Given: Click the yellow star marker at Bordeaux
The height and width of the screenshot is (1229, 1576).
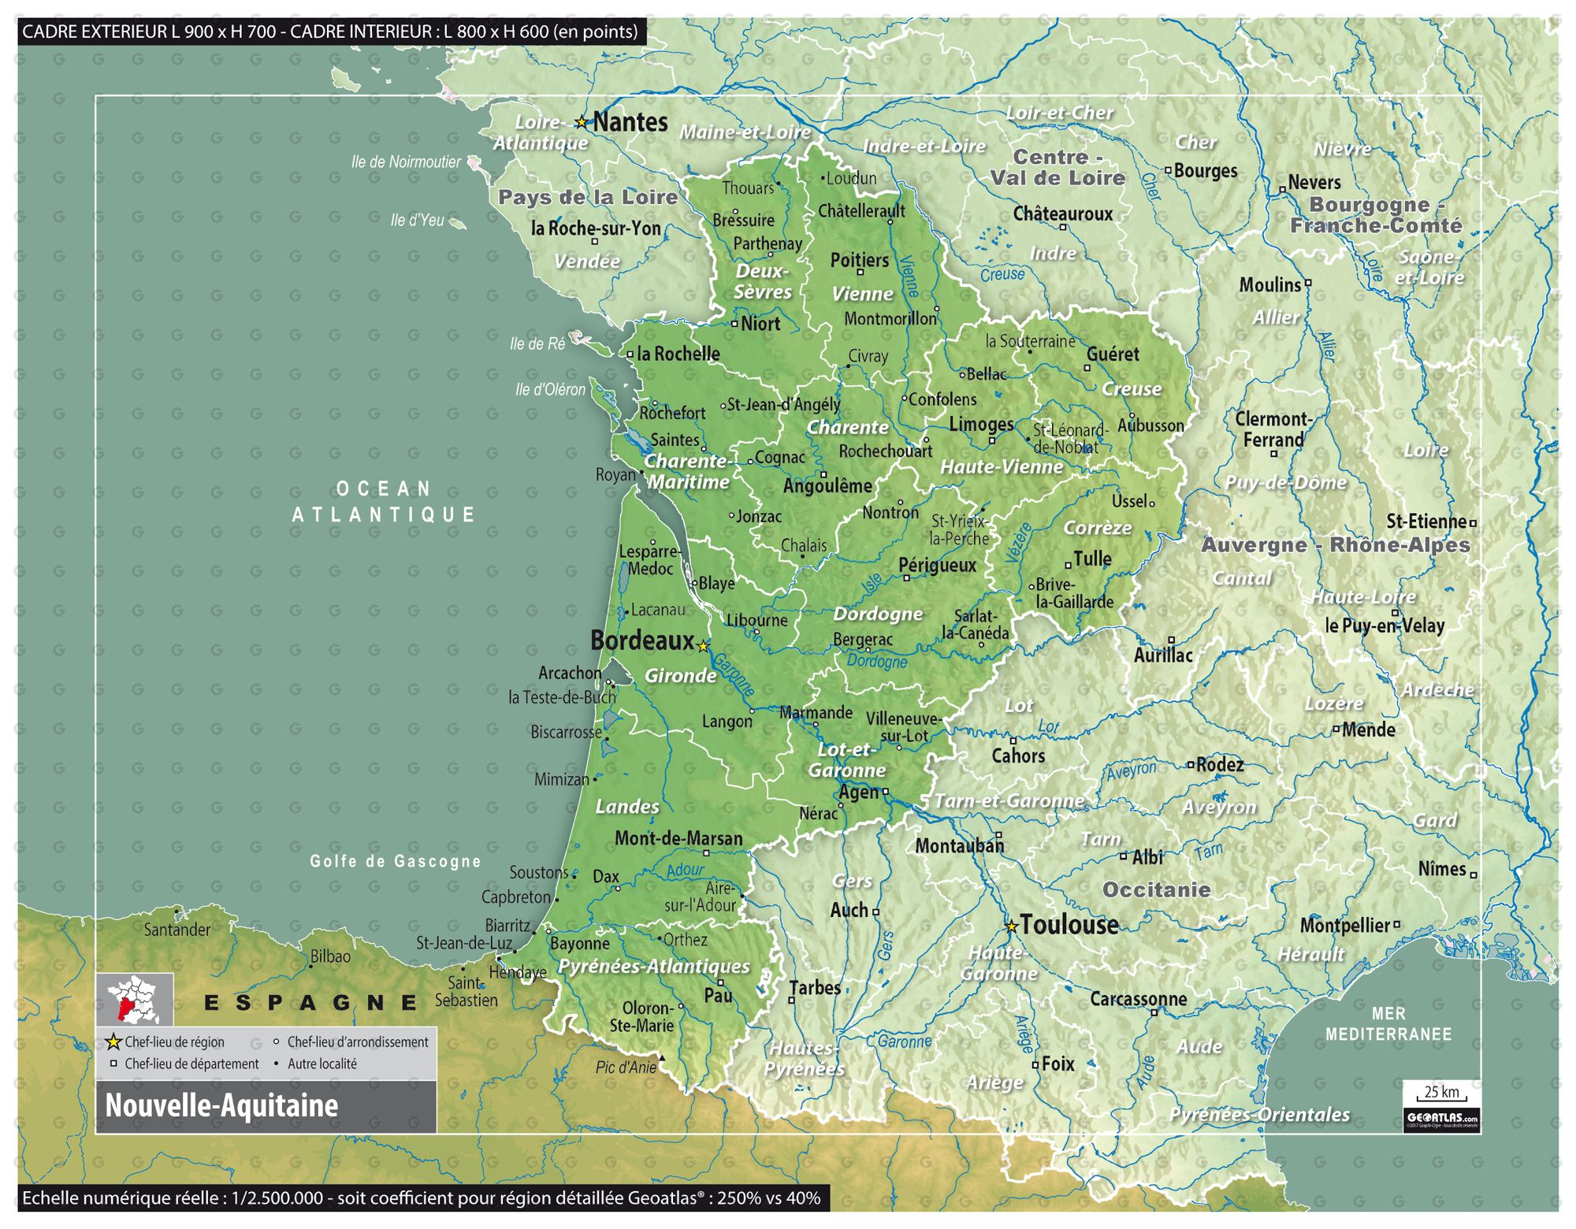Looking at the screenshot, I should pos(704,646).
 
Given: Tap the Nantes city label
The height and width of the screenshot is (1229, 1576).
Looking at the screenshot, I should pos(630,122).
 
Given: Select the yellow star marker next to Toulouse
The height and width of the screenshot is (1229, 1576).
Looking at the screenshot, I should pos(1012,926).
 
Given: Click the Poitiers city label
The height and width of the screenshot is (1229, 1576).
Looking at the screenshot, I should pos(859,260).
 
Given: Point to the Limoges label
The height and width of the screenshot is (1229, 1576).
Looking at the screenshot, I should pos(981,424).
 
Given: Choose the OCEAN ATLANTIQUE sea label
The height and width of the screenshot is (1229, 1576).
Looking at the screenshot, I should pos(384,501).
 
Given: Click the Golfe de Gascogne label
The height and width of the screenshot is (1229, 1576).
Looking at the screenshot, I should pos(395,861).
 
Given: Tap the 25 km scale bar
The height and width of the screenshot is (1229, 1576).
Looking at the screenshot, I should pos(1441,1094).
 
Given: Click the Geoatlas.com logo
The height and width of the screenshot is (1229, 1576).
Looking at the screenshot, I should pos(1441,1119).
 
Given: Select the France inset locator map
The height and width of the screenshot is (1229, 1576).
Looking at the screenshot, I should pos(135,998).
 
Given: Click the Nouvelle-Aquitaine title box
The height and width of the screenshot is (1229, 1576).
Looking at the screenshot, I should pos(266,1106).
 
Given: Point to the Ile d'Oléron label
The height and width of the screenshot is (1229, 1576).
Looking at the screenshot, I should pos(550,389).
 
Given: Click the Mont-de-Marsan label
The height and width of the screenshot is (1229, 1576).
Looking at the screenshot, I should pos(678,838).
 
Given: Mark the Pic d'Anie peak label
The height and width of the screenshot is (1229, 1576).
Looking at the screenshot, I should pos(626,1067).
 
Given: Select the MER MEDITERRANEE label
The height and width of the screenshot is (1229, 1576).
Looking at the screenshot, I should pos(1388,1023).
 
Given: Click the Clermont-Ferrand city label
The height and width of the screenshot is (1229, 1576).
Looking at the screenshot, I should pos(1272,429).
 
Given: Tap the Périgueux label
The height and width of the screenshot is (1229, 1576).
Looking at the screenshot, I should pos(937,565).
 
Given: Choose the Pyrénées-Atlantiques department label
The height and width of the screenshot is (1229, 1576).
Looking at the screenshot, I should pos(653,966).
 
